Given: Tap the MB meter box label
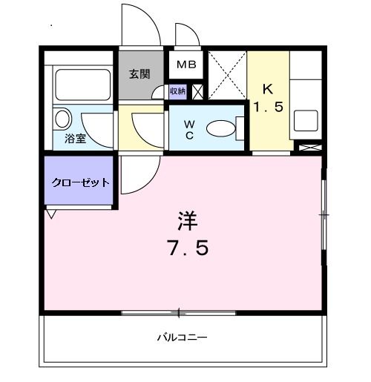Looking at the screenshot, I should point(185,65).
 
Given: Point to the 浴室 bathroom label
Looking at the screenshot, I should point(74,138).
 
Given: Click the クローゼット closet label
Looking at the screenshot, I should point(80,182).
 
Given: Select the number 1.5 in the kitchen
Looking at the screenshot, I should point(268,107).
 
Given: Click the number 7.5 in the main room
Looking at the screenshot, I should point(187,247).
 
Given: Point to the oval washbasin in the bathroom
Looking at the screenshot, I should point(62,118).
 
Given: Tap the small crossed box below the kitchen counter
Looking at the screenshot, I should point(306,147).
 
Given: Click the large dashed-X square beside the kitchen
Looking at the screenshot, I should point(226,76).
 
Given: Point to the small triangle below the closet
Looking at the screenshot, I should point(50,214).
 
